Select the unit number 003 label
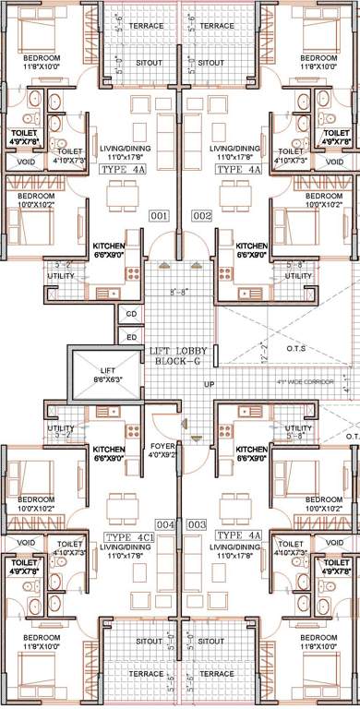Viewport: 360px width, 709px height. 195,524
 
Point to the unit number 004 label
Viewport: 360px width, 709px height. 164,524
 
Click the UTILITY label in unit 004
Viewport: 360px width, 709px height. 61,428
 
